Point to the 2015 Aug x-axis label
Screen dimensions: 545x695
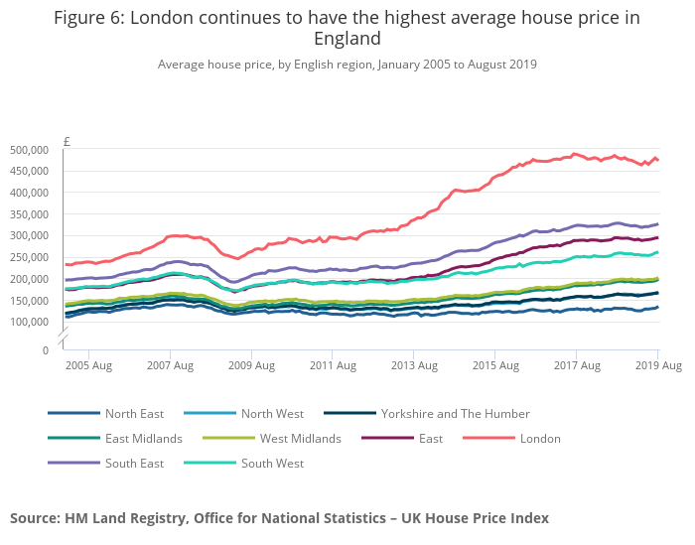[x=496, y=366]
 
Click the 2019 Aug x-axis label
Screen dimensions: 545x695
[x=658, y=366]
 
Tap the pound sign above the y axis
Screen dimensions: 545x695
[x=67, y=142]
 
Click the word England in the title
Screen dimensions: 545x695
[x=347, y=39]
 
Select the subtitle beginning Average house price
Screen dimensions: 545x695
[x=347, y=65]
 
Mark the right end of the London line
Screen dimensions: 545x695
[x=657, y=160]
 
